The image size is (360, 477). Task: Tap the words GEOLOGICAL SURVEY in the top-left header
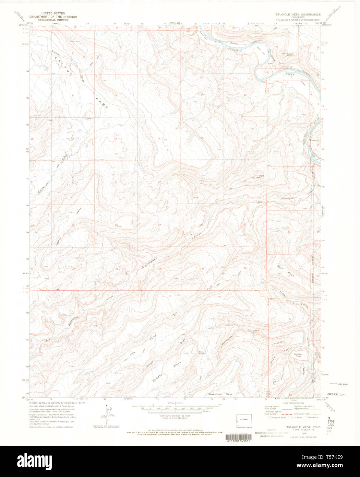[53, 20]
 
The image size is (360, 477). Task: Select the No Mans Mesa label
[297, 355]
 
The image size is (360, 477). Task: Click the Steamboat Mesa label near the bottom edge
[220, 394]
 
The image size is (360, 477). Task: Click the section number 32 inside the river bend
[268, 73]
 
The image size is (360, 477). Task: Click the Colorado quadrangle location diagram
[244, 420]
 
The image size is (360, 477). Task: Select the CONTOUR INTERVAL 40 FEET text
[175, 416]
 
